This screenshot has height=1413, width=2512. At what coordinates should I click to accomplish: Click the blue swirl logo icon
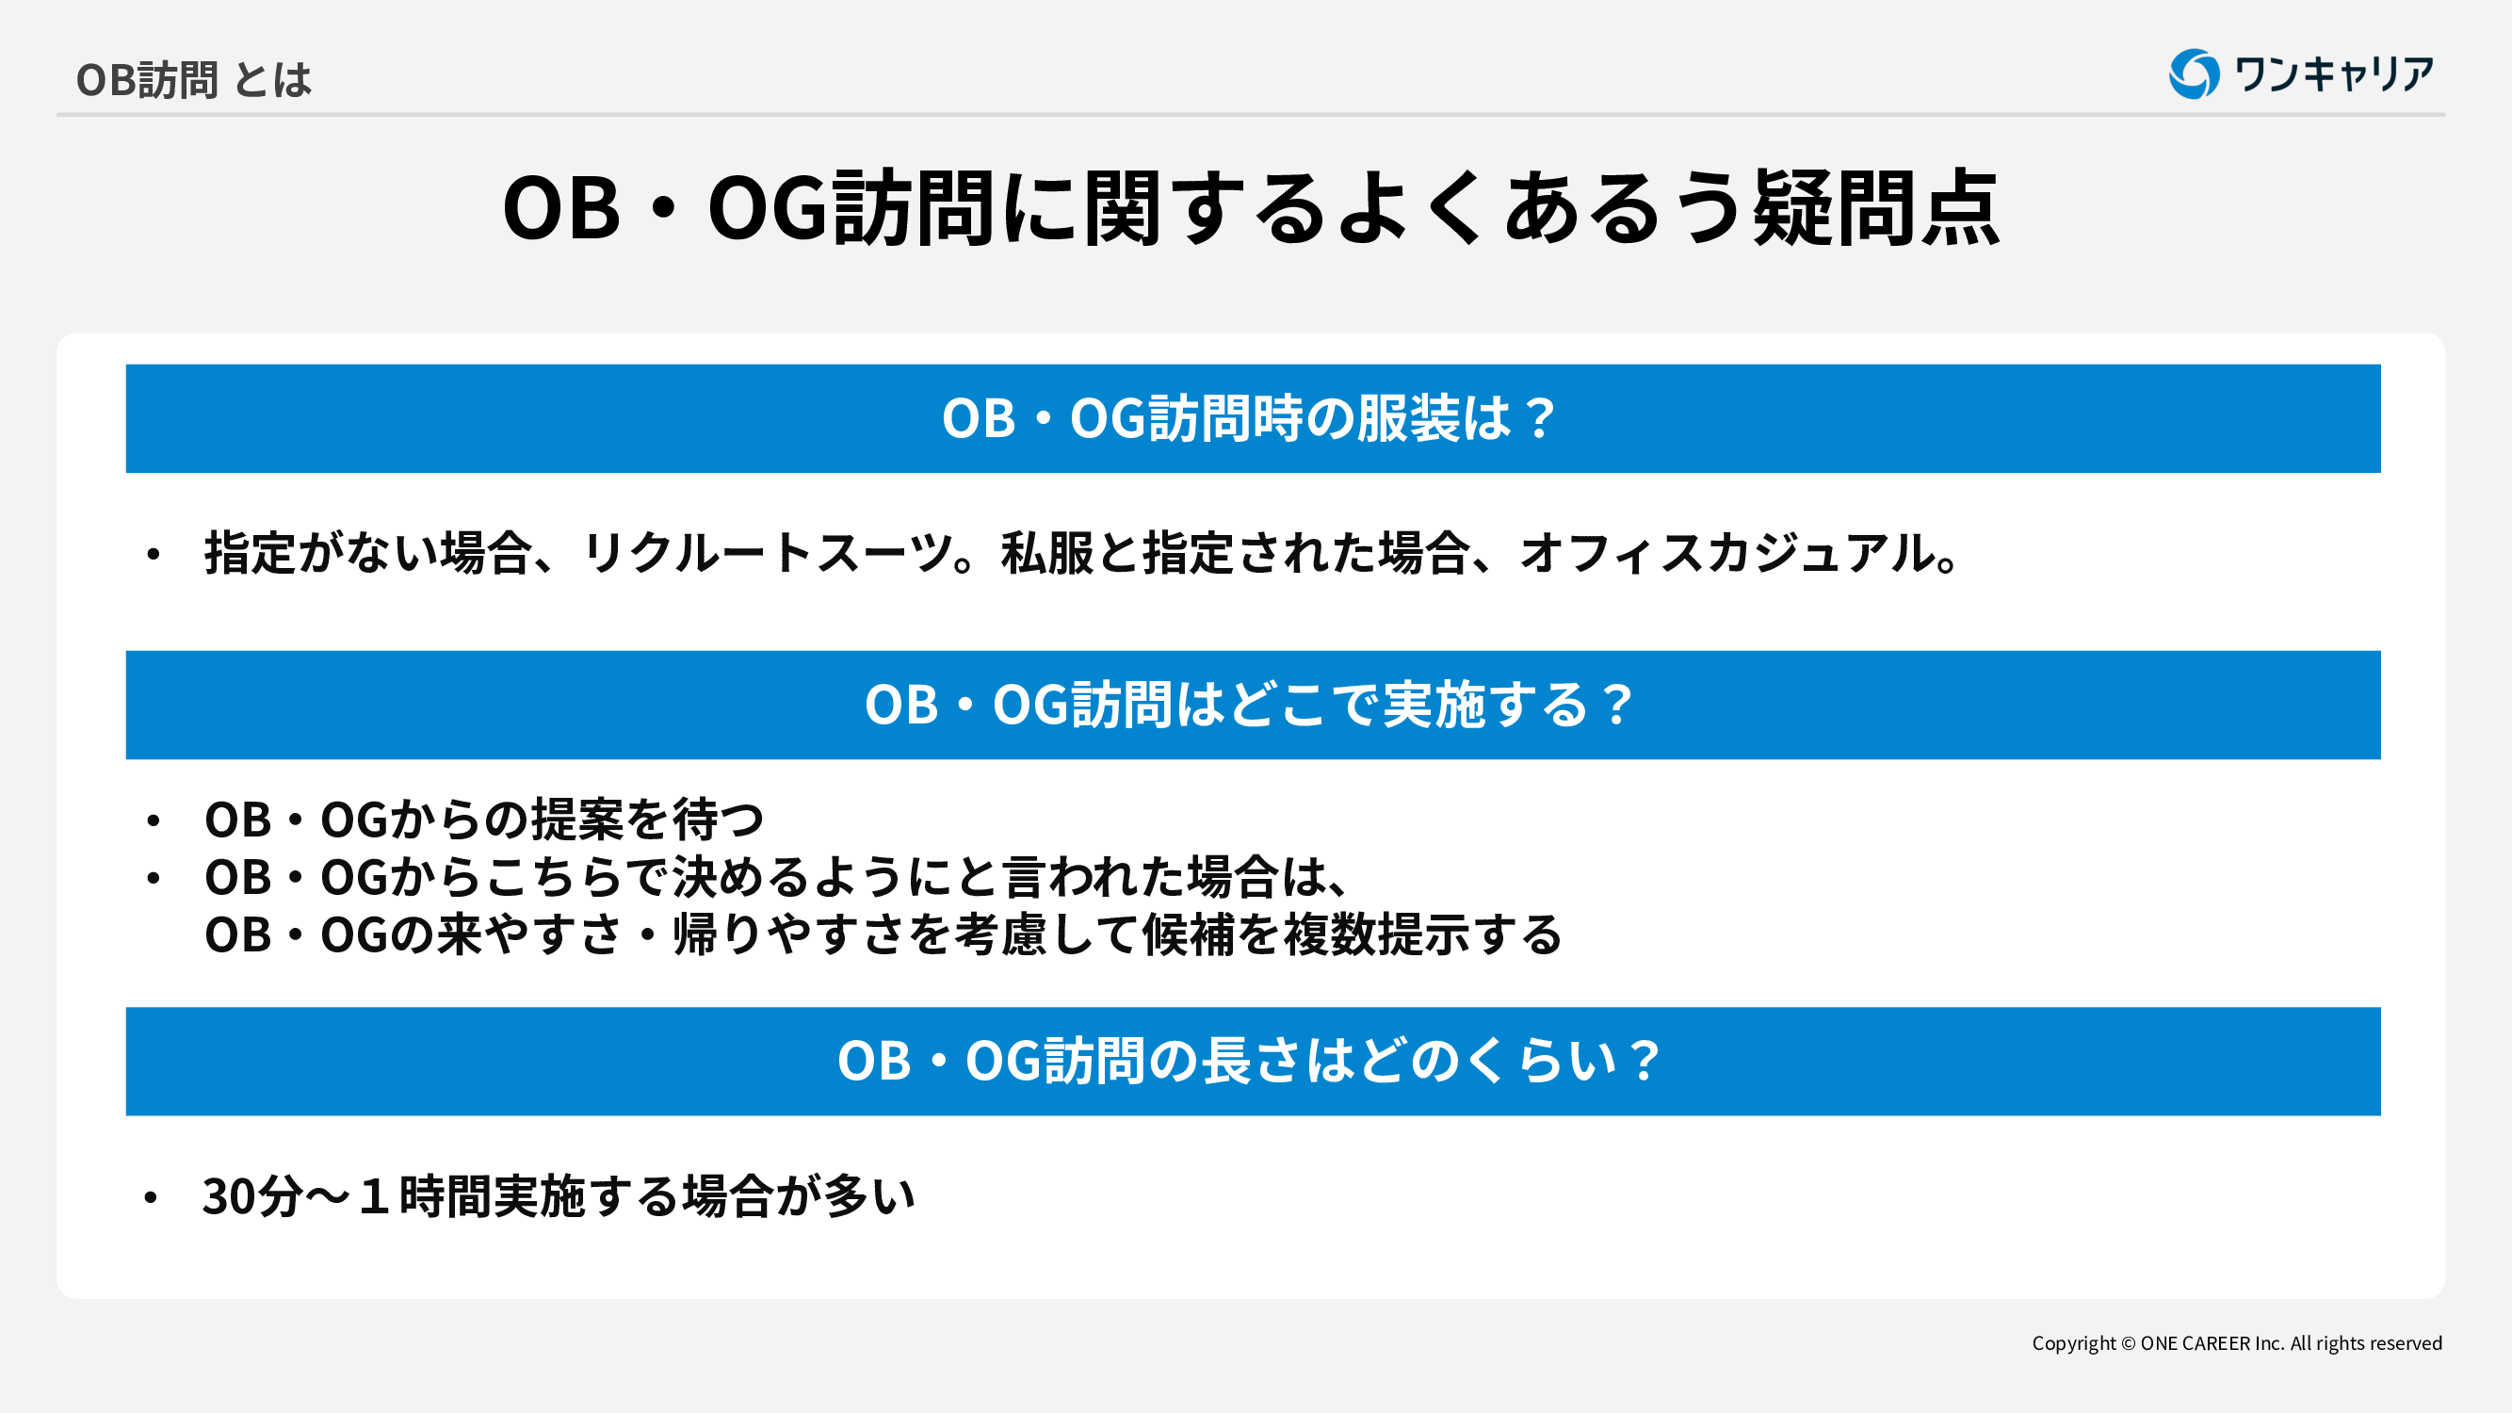(x=2194, y=74)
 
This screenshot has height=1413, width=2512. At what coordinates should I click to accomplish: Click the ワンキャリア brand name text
(x=2334, y=74)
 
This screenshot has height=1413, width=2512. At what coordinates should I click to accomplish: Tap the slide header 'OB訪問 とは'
(x=194, y=80)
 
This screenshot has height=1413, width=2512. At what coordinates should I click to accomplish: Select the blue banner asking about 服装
(x=1253, y=418)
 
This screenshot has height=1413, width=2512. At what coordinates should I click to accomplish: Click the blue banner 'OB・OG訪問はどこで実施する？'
(x=1253, y=705)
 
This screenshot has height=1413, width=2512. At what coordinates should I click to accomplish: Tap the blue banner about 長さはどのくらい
(x=1253, y=1061)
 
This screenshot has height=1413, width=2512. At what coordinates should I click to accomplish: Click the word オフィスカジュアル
(x=1729, y=553)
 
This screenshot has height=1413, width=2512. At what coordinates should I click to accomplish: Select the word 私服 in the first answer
(x=1048, y=553)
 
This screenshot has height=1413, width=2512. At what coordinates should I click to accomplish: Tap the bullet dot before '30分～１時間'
(x=150, y=1197)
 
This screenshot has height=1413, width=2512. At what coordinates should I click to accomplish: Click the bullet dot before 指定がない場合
(x=154, y=555)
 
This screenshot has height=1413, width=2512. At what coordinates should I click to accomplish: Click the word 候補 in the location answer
(x=1189, y=934)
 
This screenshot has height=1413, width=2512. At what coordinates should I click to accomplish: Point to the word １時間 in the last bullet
(x=422, y=1196)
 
